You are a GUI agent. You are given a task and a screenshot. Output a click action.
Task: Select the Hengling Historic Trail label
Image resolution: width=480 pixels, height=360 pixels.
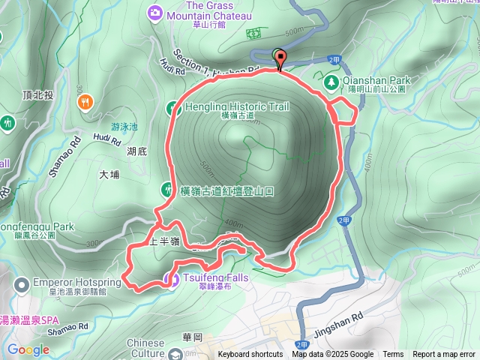(x=236, y=106)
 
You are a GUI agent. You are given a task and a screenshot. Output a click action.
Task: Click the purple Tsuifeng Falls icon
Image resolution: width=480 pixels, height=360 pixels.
(x=169, y=280)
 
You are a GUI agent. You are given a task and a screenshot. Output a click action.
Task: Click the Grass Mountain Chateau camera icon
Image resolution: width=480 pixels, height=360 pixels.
(x=155, y=11)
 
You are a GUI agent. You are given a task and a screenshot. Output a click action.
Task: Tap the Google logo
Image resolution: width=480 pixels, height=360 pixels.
(x=28, y=349)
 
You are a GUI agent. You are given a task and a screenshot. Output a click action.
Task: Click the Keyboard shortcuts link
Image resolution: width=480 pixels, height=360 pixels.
(x=250, y=355)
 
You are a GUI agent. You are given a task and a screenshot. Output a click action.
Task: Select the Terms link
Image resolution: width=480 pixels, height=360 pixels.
(x=393, y=355)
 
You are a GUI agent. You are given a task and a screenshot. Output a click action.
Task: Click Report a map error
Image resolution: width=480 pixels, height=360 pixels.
(x=444, y=355)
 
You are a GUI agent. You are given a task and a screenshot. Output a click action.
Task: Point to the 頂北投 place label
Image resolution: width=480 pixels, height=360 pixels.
(x=37, y=95)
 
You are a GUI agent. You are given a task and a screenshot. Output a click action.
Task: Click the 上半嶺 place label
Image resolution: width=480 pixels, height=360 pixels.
(x=163, y=241)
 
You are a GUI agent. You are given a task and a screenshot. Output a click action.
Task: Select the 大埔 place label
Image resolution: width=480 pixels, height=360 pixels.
(x=109, y=175)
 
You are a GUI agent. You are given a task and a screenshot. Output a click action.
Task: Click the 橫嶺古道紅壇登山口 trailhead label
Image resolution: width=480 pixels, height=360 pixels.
(x=226, y=191)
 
